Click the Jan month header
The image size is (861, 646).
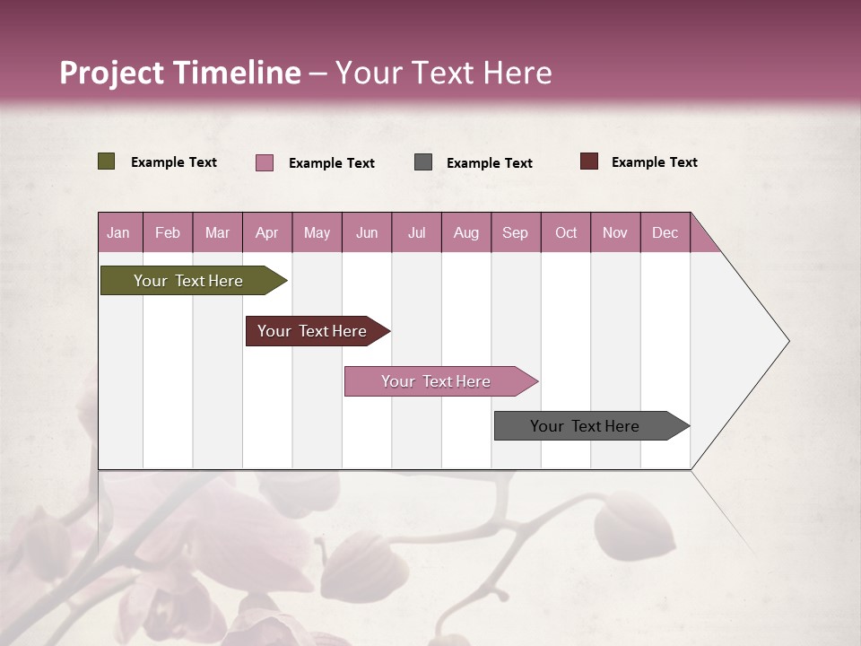pyautogui.click(x=118, y=232)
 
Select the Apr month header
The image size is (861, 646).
pyautogui.click(x=266, y=232)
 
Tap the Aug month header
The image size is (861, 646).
pyautogui.click(x=465, y=232)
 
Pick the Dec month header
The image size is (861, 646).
pyautogui.click(x=665, y=232)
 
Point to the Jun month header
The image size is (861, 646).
pyautogui.click(x=366, y=232)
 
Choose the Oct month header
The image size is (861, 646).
pyautogui.click(x=565, y=232)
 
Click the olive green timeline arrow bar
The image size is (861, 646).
pyautogui.click(x=188, y=281)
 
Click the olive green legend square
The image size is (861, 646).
pyautogui.click(x=106, y=161)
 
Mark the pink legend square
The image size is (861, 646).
pyautogui.click(x=265, y=162)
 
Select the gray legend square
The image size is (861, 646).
pyautogui.click(x=423, y=161)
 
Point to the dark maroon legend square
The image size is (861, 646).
pyautogui.click(x=588, y=161)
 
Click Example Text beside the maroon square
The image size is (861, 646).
pyautogui.click(x=654, y=161)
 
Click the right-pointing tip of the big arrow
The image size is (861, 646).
pyautogui.click(x=787, y=341)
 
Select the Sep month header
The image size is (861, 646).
pyautogui.click(x=515, y=232)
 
